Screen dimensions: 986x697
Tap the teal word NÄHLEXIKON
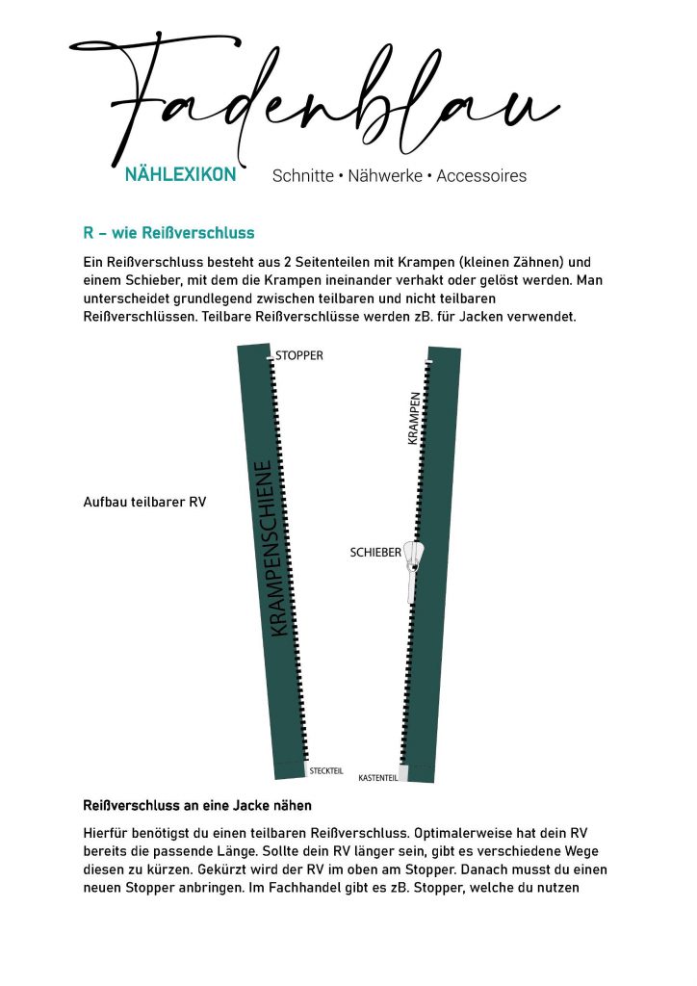point(180,176)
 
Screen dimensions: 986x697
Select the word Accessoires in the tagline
point(481,176)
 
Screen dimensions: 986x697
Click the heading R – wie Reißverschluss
point(168,233)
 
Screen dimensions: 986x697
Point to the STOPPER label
point(299,355)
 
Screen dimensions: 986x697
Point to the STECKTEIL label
point(326,770)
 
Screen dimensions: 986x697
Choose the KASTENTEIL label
point(377,777)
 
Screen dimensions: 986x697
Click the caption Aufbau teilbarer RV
point(145,502)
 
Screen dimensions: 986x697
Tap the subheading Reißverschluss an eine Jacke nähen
point(197,805)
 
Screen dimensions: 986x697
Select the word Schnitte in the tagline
point(302,176)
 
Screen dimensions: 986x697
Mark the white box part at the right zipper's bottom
point(404,773)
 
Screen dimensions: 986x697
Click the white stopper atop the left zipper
point(271,358)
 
